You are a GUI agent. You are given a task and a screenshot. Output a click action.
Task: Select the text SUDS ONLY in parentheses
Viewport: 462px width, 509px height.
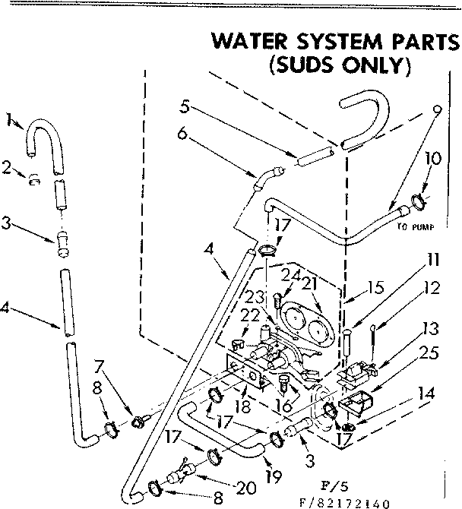pyautogui.click(x=340, y=65)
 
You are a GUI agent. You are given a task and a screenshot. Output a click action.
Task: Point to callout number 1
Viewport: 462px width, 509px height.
pyautogui.click(x=9, y=119)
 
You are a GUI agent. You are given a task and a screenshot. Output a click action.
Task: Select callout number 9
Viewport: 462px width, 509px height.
pyautogui.click(x=436, y=109)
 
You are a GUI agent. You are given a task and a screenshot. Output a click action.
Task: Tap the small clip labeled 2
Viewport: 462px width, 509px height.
pyautogui.click(x=34, y=180)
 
